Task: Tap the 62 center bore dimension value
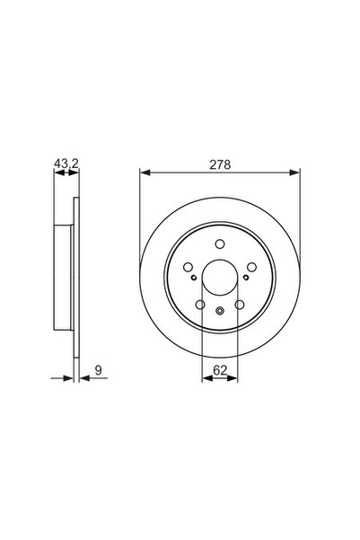pyautogui.click(x=220, y=367)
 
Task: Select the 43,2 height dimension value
pyautogui.click(x=61, y=164)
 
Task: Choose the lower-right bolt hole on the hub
pyautogui.click(x=239, y=305)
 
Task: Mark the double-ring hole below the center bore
pyautogui.click(x=220, y=310)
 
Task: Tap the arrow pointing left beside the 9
pyautogui.click(x=84, y=378)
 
